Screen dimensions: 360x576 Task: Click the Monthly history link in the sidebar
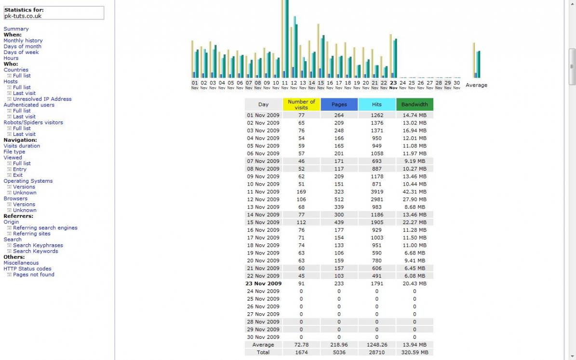click(x=23, y=40)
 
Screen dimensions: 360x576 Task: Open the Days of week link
click(x=21, y=52)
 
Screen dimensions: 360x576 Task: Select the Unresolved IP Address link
click(x=42, y=99)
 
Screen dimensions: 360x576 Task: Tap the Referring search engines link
click(x=45, y=227)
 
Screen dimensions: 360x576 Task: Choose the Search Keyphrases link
click(x=38, y=245)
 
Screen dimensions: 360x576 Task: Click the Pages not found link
click(x=33, y=275)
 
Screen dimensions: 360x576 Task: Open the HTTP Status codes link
click(x=27, y=268)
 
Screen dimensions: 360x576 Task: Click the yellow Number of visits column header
click(x=301, y=105)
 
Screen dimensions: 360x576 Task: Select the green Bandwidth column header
click(x=415, y=105)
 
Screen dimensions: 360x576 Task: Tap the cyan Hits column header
click(x=376, y=105)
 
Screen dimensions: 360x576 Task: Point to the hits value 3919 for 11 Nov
click(x=376, y=192)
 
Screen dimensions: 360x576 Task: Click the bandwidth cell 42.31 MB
click(x=415, y=192)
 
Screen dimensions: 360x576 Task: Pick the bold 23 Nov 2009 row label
click(x=264, y=283)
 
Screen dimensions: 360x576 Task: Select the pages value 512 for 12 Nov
click(x=339, y=200)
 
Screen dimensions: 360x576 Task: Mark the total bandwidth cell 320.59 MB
click(x=415, y=352)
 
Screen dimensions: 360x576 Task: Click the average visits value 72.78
click(x=301, y=345)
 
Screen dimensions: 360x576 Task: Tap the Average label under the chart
click(x=476, y=85)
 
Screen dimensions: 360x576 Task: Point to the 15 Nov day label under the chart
click(x=321, y=84)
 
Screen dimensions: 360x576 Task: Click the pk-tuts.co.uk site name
click(x=23, y=16)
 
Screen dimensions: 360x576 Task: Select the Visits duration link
click(x=22, y=146)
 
